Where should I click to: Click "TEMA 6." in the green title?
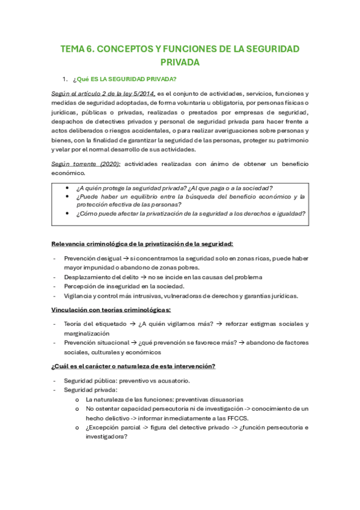(x=79, y=49)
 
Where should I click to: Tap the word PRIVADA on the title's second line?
(x=180, y=62)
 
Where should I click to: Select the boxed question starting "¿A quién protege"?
(x=174, y=188)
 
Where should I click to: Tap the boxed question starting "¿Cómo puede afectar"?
(x=191, y=214)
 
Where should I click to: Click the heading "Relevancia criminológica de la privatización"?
(x=142, y=244)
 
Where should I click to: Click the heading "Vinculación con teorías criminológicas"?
(x=111, y=310)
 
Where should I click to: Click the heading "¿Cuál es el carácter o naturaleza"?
(x=133, y=366)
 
